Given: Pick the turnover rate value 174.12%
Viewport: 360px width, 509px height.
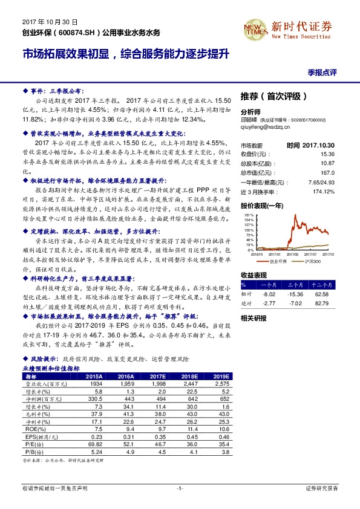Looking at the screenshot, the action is (x=325, y=192).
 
